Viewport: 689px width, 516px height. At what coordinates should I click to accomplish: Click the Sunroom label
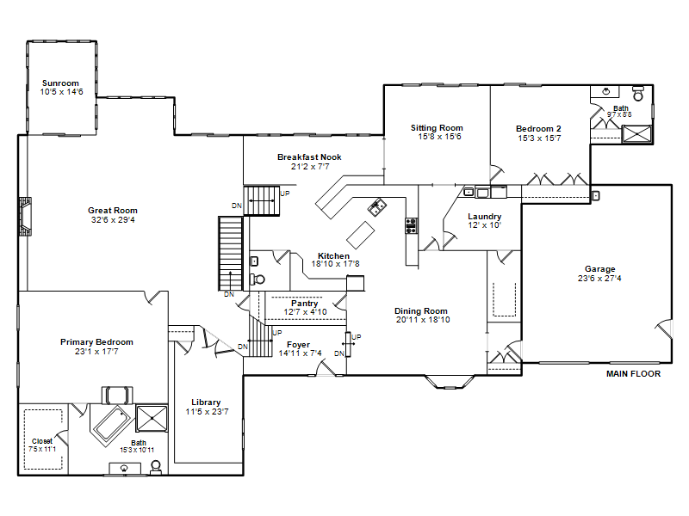(60, 83)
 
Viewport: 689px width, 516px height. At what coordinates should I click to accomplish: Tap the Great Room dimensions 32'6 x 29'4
(113, 220)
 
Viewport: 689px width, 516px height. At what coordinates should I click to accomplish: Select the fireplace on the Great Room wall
(25, 217)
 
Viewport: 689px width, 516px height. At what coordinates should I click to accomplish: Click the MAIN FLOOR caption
(633, 374)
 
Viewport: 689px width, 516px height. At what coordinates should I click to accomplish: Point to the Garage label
(599, 269)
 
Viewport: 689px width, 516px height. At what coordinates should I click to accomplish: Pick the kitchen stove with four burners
(412, 225)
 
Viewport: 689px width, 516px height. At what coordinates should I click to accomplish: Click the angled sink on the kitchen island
(377, 207)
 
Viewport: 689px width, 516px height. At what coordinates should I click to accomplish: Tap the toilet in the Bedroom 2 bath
(638, 94)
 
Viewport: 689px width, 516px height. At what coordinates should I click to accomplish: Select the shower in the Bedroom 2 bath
(636, 134)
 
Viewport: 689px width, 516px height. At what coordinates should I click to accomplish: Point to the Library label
(206, 402)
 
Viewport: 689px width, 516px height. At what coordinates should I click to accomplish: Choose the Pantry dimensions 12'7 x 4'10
(306, 312)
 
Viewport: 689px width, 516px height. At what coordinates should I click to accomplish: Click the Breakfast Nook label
(309, 157)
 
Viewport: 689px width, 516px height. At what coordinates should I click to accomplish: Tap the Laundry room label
(484, 217)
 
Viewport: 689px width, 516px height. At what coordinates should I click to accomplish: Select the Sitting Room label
(437, 127)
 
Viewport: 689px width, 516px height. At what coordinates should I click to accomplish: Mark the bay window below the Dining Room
(450, 382)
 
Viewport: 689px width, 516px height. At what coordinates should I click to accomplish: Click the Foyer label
(298, 345)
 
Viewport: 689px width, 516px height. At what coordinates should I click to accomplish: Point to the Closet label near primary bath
(42, 441)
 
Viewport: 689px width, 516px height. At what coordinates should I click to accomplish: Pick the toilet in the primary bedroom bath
(156, 467)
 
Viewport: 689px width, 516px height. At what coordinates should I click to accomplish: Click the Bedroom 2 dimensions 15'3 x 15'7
(539, 138)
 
